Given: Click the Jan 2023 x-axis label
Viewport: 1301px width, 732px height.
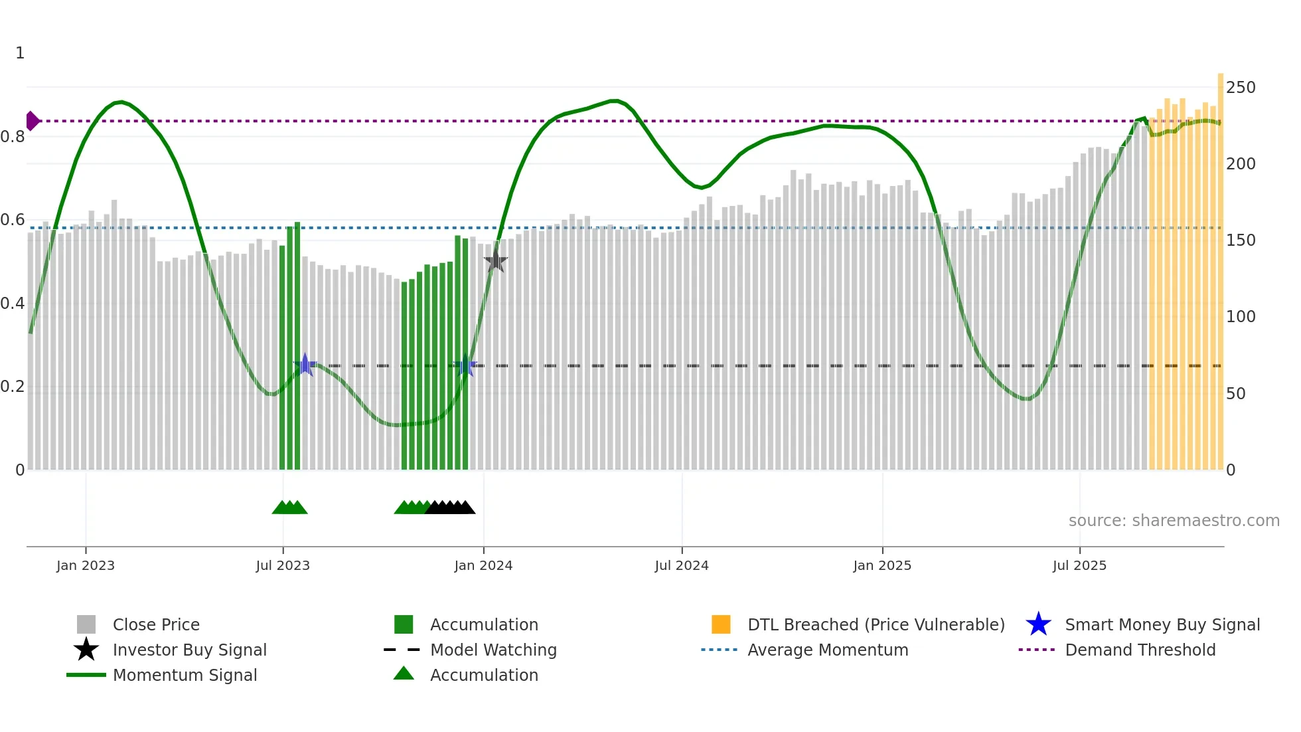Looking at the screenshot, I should (x=86, y=565).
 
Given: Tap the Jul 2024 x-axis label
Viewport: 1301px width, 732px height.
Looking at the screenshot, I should (x=682, y=565).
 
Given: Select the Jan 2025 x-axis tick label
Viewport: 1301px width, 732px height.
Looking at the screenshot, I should (x=882, y=565).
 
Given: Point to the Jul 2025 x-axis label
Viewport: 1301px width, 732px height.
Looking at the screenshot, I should (x=1079, y=565).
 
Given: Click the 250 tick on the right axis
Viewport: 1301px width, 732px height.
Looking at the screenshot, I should (x=1241, y=88).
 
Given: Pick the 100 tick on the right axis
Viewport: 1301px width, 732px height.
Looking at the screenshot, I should (x=1241, y=317).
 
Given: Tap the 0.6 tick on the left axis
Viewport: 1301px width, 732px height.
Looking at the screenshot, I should (x=13, y=220).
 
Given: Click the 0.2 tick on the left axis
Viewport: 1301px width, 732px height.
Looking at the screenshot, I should (x=13, y=387).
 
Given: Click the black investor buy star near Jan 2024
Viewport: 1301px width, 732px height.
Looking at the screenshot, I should (x=495, y=261).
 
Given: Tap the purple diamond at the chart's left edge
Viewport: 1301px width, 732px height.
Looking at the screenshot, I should (x=32, y=121).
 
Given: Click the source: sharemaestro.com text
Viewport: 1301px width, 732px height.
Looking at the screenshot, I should (x=1174, y=520).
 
